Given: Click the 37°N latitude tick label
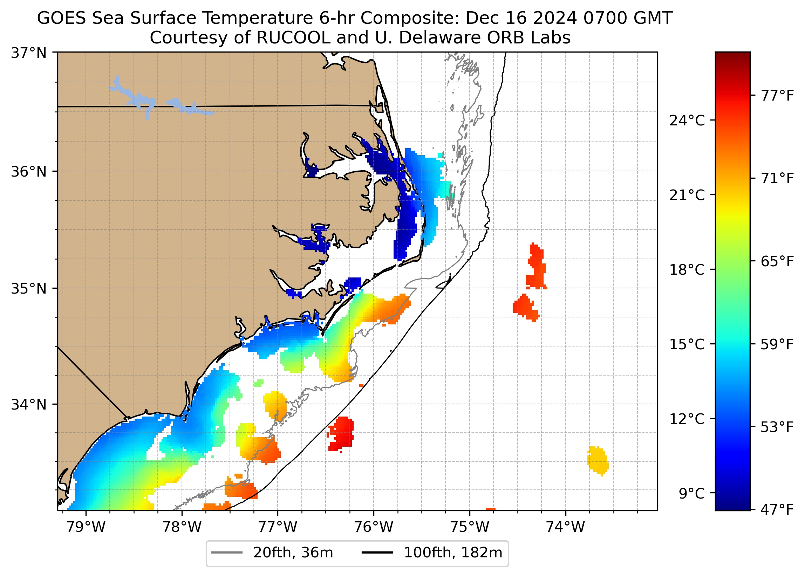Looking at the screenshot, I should pyautogui.click(x=29, y=53).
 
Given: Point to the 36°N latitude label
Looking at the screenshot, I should pyautogui.click(x=29, y=172).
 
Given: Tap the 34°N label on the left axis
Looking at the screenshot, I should pyautogui.click(x=29, y=405).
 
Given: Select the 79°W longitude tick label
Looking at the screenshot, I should pyautogui.click(x=86, y=527).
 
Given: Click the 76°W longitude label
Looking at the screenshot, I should pyautogui.click(x=374, y=527).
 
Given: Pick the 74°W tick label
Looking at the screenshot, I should pyautogui.click(x=565, y=527).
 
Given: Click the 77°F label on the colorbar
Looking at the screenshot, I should pyautogui.click(x=777, y=96).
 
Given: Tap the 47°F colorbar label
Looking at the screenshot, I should pyautogui.click(x=777, y=510).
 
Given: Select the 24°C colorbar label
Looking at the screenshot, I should pyautogui.click(x=687, y=121).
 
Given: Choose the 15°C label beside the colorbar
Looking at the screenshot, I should pyautogui.click(x=687, y=345).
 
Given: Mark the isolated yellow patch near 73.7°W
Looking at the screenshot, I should pyautogui.click(x=598, y=461).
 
